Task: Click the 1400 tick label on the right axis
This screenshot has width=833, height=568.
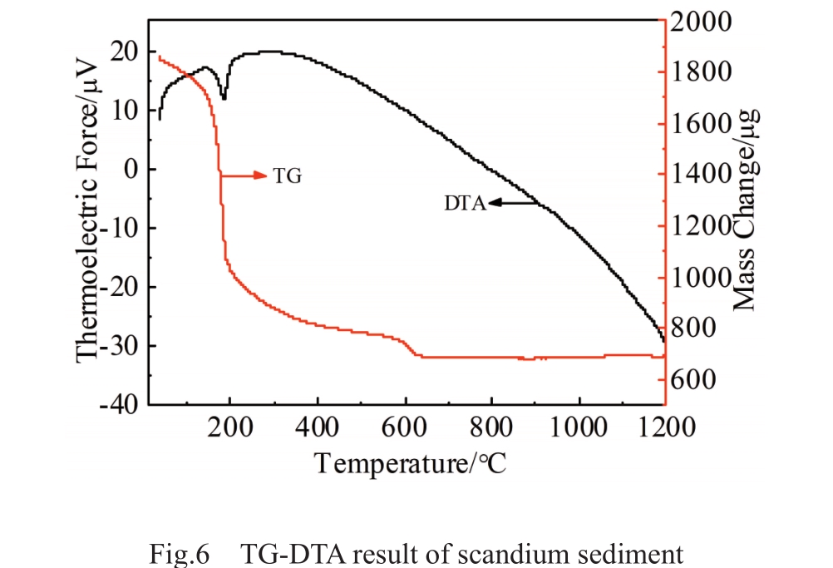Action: tap(701, 175)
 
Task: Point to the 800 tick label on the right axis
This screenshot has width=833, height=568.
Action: tap(693, 328)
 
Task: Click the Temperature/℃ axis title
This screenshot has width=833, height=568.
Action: tap(410, 462)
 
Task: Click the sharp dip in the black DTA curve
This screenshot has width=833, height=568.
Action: tap(224, 98)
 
